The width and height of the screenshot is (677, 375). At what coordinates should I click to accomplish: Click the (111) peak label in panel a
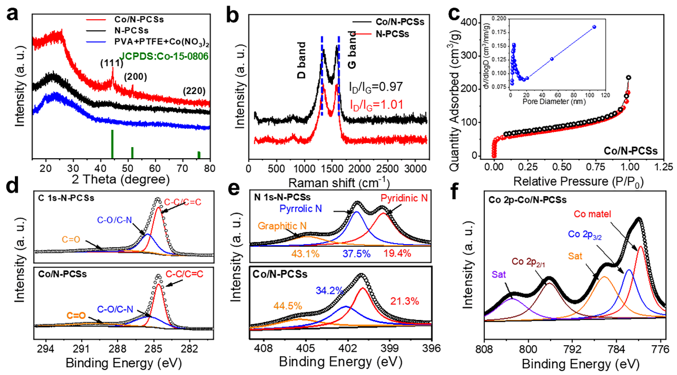[111, 63]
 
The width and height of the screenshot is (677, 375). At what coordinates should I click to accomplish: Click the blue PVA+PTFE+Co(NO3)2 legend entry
[161, 42]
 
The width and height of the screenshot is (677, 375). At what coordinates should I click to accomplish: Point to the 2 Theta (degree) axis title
[121, 179]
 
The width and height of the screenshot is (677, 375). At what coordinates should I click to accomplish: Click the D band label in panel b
[302, 60]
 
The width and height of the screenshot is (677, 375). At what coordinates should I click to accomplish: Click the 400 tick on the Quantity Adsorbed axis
[470, 23]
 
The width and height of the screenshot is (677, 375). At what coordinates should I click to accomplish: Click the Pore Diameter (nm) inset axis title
[554, 101]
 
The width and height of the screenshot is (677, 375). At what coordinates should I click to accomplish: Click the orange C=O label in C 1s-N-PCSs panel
[71, 239]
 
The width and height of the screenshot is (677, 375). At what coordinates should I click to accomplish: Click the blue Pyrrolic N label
[300, 209]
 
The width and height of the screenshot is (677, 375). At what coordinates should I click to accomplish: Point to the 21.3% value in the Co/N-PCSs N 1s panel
[404, 301]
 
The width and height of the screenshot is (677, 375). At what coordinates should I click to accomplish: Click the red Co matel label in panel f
[592, 214]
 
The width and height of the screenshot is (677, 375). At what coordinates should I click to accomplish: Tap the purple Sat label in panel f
[499, 275]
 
